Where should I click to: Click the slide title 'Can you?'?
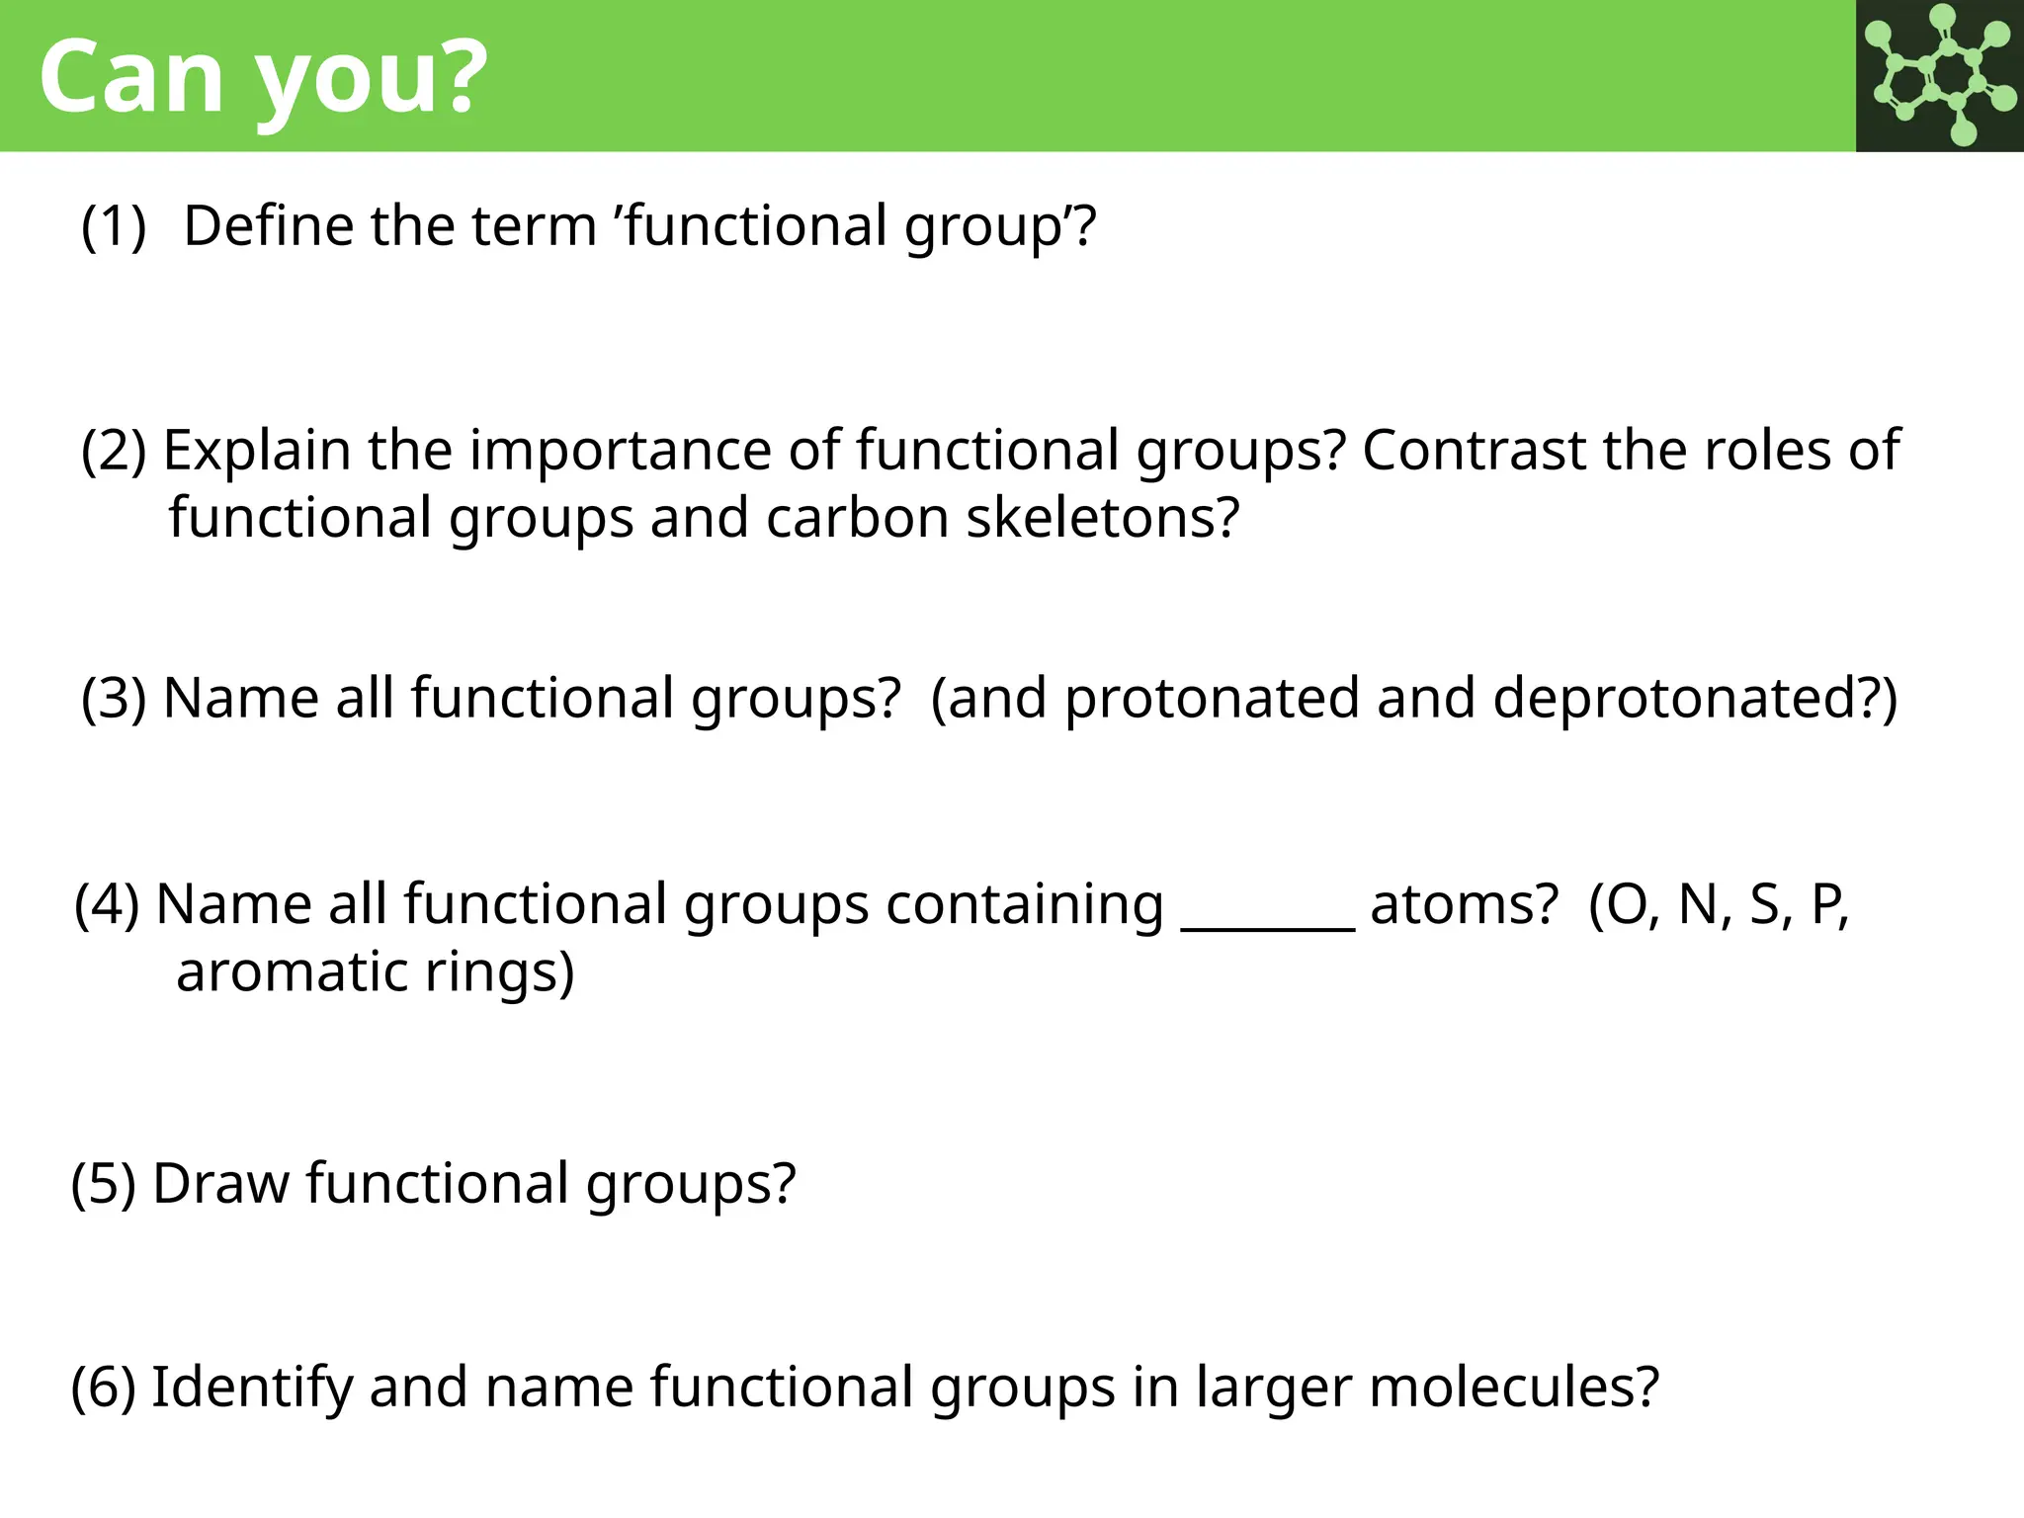coord(263,77)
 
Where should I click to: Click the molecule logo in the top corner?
coord(1939,75)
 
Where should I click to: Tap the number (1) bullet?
coord(114,226)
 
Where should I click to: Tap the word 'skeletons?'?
coord(1102,518)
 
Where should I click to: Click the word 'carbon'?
coord(857,518)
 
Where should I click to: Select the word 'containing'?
coord(1025,905)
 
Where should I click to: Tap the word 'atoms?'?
coord(1464,905)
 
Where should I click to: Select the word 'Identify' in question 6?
coord(251,1388)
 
